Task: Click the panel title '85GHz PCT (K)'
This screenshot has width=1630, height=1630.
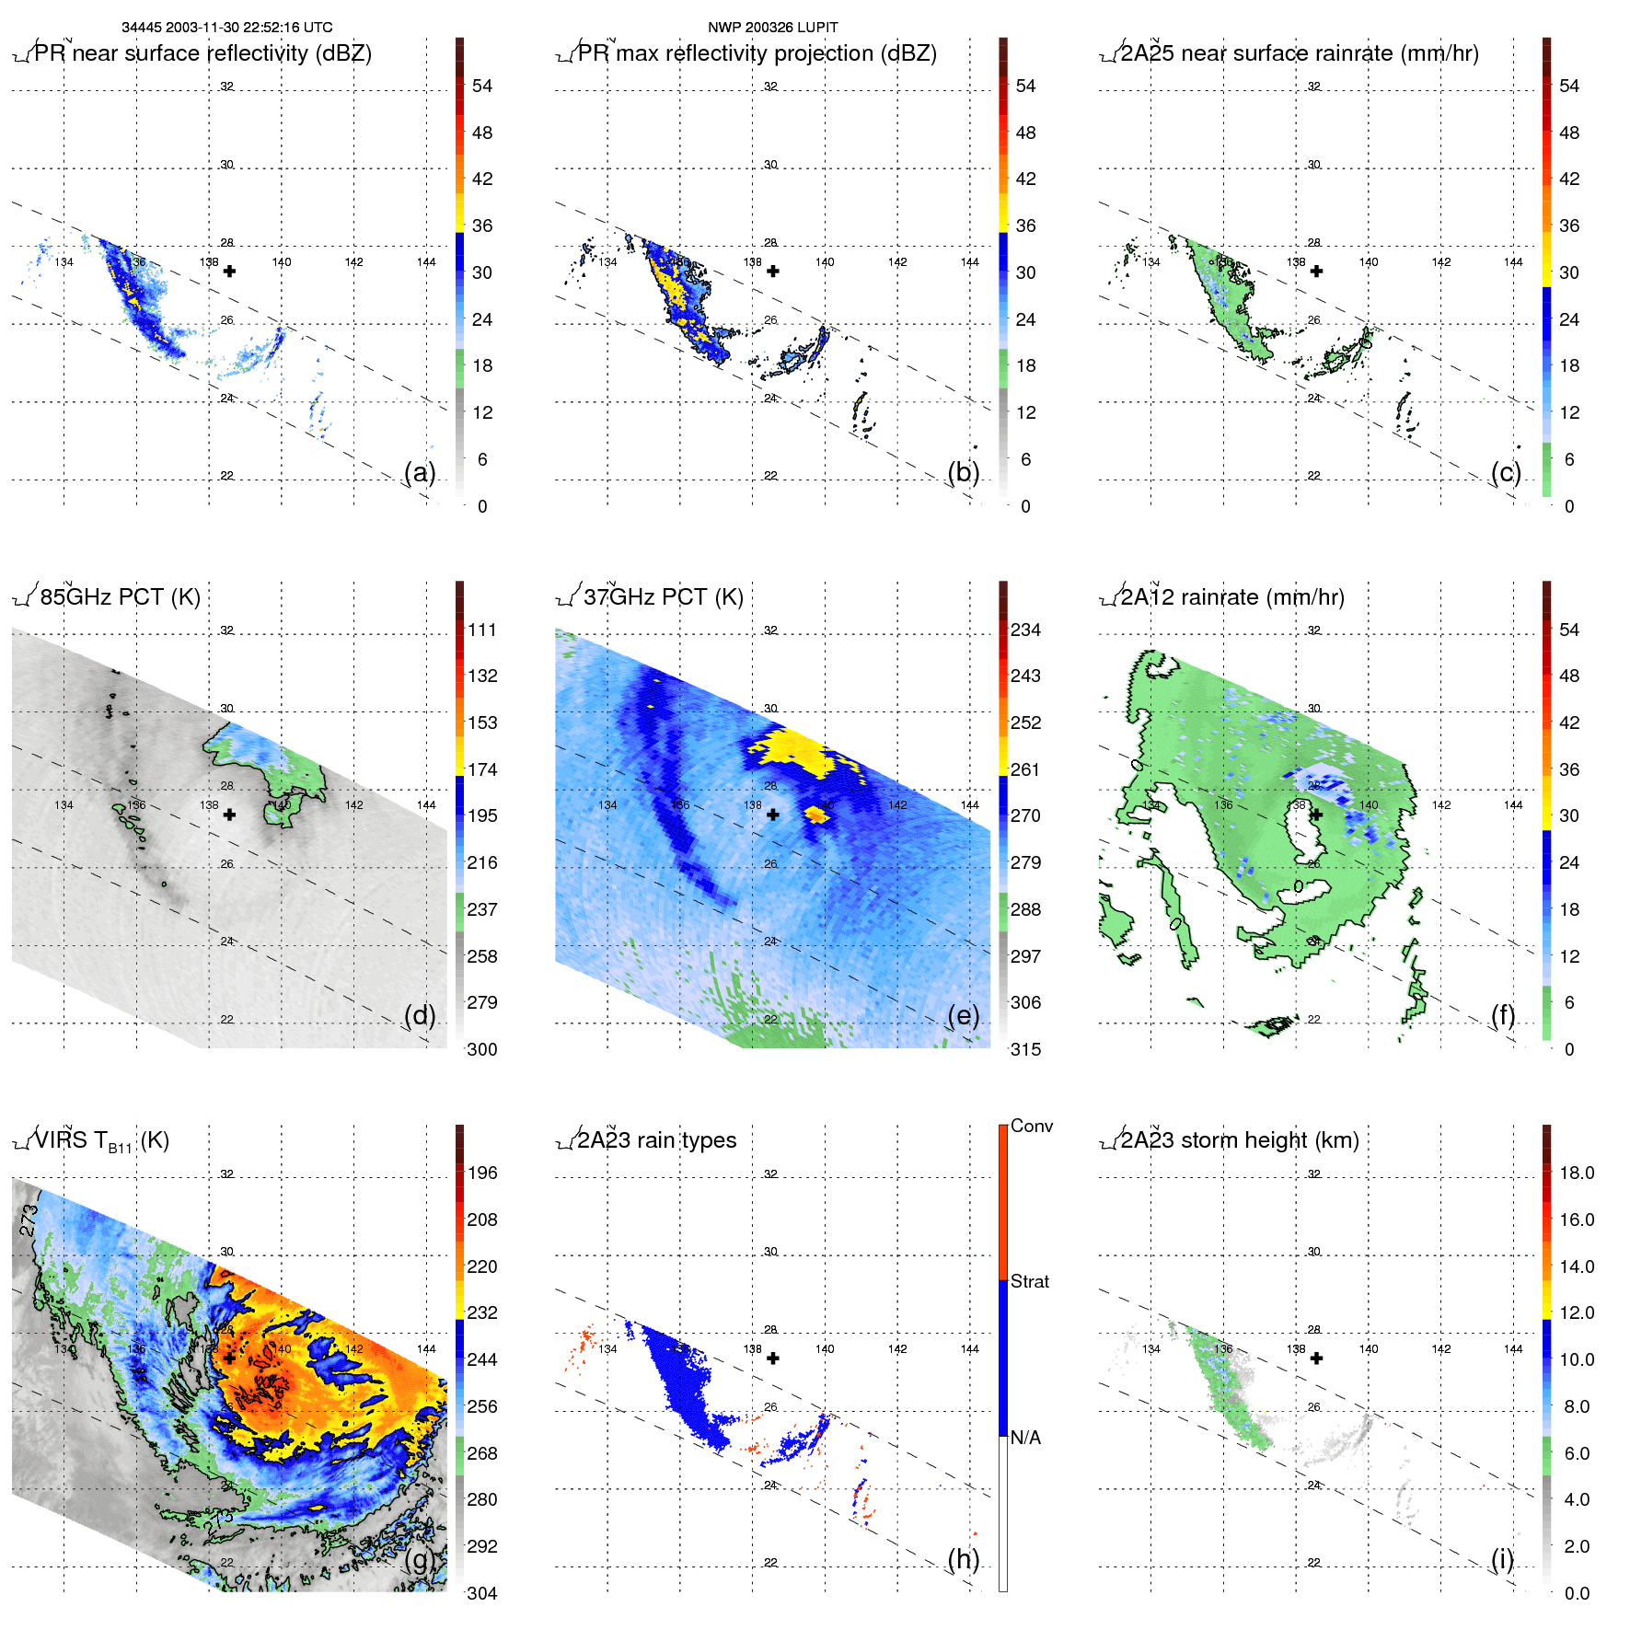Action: pos(120,597)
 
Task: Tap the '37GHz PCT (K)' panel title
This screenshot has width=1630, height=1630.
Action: pos(663,597)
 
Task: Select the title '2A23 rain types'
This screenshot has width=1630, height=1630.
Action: pos(656,1140)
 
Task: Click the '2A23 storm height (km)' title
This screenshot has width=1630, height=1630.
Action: pos(1239,1140)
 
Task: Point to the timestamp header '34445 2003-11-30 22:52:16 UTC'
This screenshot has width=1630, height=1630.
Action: pos(227,28)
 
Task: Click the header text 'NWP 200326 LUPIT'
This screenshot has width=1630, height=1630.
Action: pos(773,28)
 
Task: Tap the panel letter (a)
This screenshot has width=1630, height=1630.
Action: pos(420,472)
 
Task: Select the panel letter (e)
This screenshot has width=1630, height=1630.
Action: pos(964,1015)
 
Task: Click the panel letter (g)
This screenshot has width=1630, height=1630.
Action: pos(420,1559)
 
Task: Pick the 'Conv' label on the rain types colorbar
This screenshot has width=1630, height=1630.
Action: pos(1032,1127)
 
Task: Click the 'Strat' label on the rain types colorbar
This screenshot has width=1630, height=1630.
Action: pos(1030,1282)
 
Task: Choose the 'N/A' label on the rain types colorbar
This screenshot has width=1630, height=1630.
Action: pos(1025,1438)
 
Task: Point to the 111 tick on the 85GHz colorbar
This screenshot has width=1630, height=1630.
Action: pos(482,630)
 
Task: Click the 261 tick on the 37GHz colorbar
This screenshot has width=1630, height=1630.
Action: pos(1025,769)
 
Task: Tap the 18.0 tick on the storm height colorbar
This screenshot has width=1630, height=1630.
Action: pos(1577,1173)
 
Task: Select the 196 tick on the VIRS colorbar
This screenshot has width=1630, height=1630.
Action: pos(482,1173)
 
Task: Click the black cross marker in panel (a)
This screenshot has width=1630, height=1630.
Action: pos(229,271)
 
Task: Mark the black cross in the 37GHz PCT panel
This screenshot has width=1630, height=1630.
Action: pos(773,815)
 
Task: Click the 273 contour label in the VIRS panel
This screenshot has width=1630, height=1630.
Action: pos(29,1220)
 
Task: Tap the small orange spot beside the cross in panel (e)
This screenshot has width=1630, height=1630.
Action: pos(815,814)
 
